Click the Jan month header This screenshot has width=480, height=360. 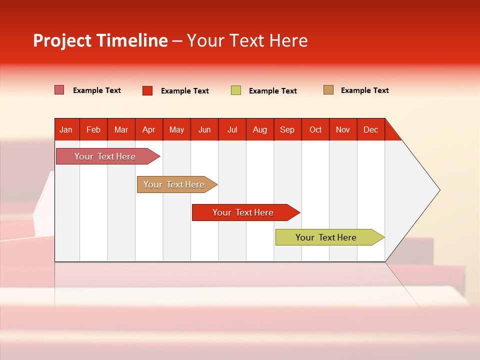[x=66, y=129]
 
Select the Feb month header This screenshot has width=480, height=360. [x=93, y=129]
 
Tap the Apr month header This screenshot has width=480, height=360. [x=148, y=129]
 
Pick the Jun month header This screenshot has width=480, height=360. [x=204, y=129]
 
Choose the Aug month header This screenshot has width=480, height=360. [x=259, y=129]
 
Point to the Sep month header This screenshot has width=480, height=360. [x=287, y=129]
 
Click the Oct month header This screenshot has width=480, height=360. [x=315, y=129]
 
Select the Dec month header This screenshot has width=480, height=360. [x=370, y=129]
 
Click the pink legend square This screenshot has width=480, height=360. [x=59, y=90]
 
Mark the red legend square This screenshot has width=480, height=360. [x=147, y=90]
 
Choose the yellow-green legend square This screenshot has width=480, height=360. [x=236, y=90]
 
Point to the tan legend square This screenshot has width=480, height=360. [x=328, y=90]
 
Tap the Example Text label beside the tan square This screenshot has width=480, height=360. [x=364, y=90]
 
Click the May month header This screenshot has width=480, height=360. [x=176, y=129]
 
